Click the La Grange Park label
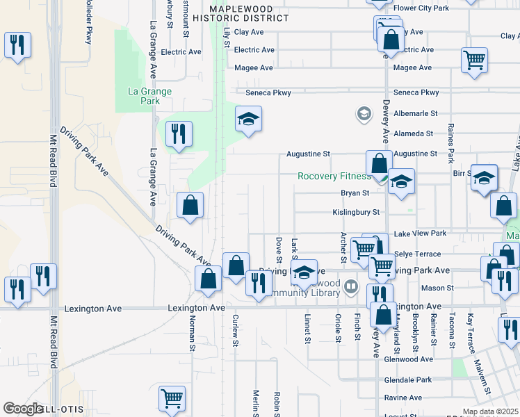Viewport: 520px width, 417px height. point(149,96)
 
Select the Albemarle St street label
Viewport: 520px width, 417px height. point(414,113)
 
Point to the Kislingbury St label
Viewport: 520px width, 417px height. point(356,213)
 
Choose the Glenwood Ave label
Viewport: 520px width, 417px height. point(408,359)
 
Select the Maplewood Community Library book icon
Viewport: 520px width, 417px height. point(352,286)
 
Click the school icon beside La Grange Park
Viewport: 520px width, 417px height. point(248,120)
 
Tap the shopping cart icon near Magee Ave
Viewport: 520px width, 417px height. point(474,60)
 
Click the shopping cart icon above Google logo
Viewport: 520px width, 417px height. point(172,398)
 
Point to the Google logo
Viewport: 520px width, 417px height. point(22,409)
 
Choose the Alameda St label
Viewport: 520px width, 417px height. point(414,133)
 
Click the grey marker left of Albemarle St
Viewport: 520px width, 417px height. point(363,113)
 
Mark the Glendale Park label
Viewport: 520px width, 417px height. point(407,380)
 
